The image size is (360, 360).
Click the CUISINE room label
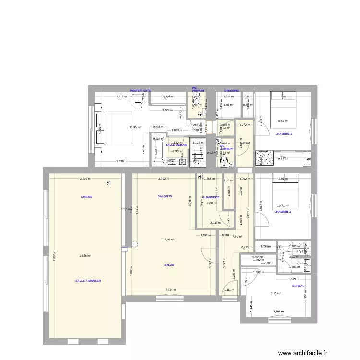(x=86, y=197)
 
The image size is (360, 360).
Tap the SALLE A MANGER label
(x=88, y=281)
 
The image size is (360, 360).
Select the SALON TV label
(x=165, y=197)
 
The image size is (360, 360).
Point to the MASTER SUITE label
(x=140, y=90)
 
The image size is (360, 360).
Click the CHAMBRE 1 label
(x=283, y=134)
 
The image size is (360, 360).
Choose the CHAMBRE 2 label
(x=283, y=211)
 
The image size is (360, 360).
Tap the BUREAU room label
(x=299, y=286)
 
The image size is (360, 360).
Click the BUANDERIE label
(x=211, y=197)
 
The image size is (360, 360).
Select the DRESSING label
(x=231, y=90)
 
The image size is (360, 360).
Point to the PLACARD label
(x=258, y=257)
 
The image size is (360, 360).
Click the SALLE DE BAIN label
(x=176, y=144)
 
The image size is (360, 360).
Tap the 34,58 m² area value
(x=85, y=256)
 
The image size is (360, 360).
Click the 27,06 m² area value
(x=168, y=240)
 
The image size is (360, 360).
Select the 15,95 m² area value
(x=135, y=127)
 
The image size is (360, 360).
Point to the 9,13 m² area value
(x=276, y=293)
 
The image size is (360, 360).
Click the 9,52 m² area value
(x=283, y=121)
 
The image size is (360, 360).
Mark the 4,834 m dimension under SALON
(x=170, y=290)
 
